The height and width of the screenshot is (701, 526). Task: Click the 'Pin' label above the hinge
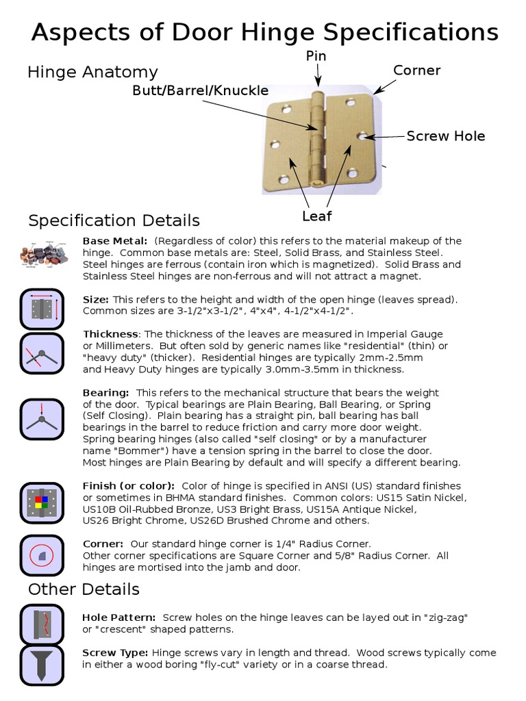pos(316,55)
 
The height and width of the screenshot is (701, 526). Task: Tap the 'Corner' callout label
pos(416,71)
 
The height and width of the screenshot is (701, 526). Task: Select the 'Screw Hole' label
pos(446,136)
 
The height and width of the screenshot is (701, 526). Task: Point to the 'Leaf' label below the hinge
pos(317,216)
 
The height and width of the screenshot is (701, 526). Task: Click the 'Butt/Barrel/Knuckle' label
pos(200,90)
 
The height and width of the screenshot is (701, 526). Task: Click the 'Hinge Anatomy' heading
pos(92,72)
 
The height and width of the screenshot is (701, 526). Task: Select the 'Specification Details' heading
pos(114,220)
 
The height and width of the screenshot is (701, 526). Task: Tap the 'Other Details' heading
pos(84,589)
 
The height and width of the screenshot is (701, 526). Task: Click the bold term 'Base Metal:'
pos(115,241)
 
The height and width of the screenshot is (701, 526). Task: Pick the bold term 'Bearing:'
pos(106,393)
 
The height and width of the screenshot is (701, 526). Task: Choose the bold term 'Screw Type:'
pos(115,653)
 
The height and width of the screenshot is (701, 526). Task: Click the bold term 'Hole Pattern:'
pos(118,617)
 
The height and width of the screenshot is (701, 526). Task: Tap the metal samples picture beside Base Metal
pos(44,253)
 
